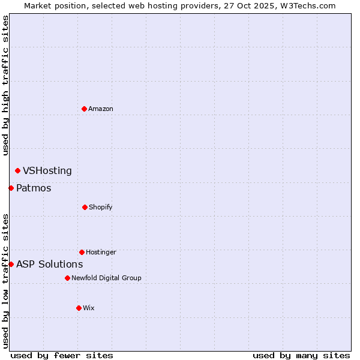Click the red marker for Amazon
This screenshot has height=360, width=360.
point(85,109)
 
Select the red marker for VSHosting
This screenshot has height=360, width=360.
point(17,171)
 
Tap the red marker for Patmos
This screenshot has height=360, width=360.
point(11,188)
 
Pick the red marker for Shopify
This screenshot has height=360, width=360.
point(85,207)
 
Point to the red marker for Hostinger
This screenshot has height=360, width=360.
point(82,252)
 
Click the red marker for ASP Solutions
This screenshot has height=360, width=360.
point(11,264)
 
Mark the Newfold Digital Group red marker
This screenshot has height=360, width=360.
point(67,278)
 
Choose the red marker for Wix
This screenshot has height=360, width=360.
point(79,308)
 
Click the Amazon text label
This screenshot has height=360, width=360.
point(101,109)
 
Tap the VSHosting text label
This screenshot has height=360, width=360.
point(47,171)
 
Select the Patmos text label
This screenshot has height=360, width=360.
point(34,188)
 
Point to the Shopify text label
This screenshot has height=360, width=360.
point(101,207)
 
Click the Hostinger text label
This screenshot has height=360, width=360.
point(101,252)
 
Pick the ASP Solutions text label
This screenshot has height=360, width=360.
point(50,264)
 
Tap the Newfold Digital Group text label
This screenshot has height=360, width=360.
point(106,278)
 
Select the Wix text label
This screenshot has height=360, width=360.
point(89,308)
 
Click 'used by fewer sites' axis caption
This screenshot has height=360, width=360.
point(62,355)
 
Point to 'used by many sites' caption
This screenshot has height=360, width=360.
point(301,355)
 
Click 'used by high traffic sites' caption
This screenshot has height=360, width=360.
point(5,85)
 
